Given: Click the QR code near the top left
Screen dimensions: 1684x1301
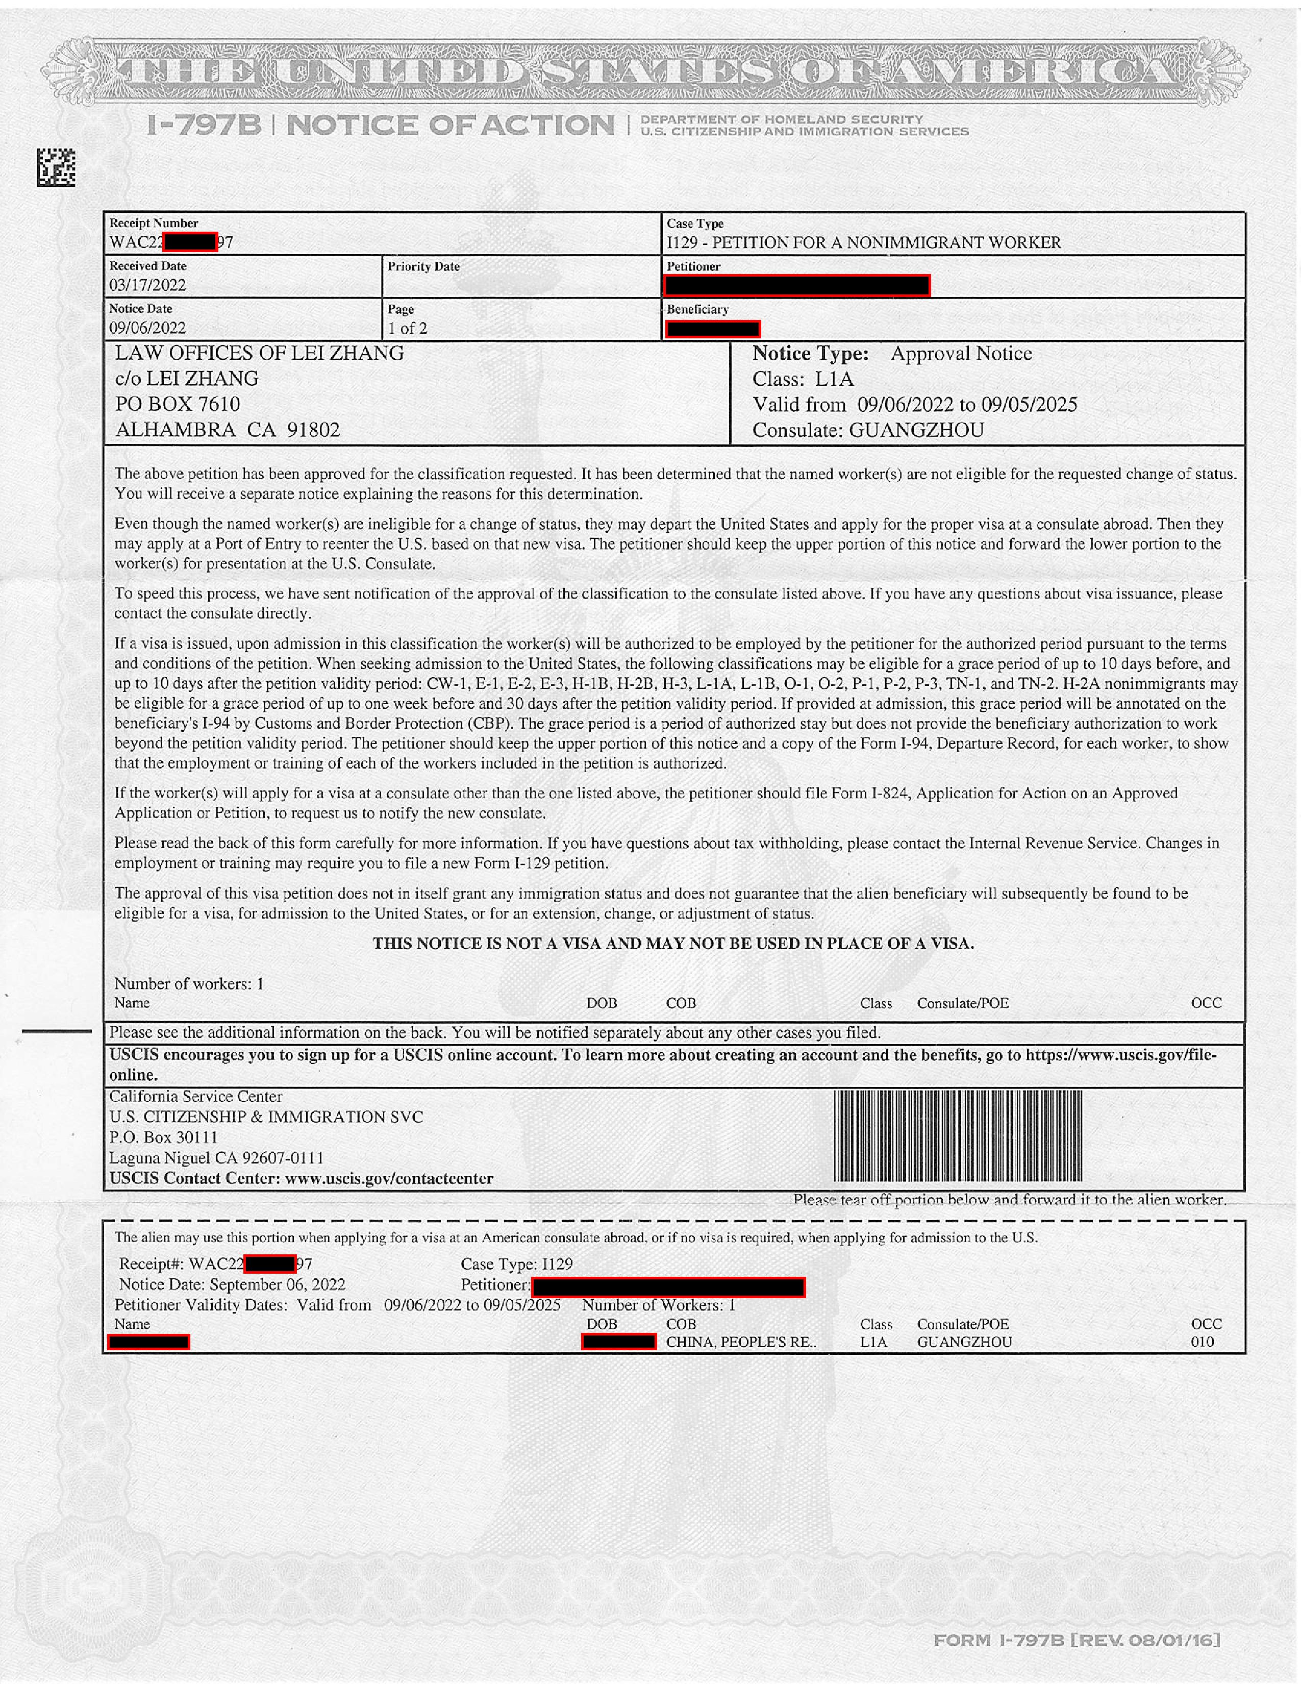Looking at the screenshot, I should click(56, 167).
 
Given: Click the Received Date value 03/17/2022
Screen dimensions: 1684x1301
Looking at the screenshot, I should click(147, 285).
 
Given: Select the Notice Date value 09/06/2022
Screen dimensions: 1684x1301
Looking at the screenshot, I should click(147, 328).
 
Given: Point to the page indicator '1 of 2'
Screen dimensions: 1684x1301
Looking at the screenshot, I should click(407, 328).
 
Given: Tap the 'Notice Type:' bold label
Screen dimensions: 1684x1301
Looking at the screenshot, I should click(810, 354).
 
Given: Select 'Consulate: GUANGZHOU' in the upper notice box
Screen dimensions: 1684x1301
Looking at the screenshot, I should click(868, 430).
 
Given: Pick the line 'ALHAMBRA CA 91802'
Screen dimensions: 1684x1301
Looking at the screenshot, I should click(228, 430).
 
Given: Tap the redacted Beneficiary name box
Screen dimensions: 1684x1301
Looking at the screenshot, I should click(713, 329).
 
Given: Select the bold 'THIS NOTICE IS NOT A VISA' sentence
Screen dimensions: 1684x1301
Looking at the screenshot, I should click(673, 944).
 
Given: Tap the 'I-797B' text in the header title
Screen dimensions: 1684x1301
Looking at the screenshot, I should click(204, 125).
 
